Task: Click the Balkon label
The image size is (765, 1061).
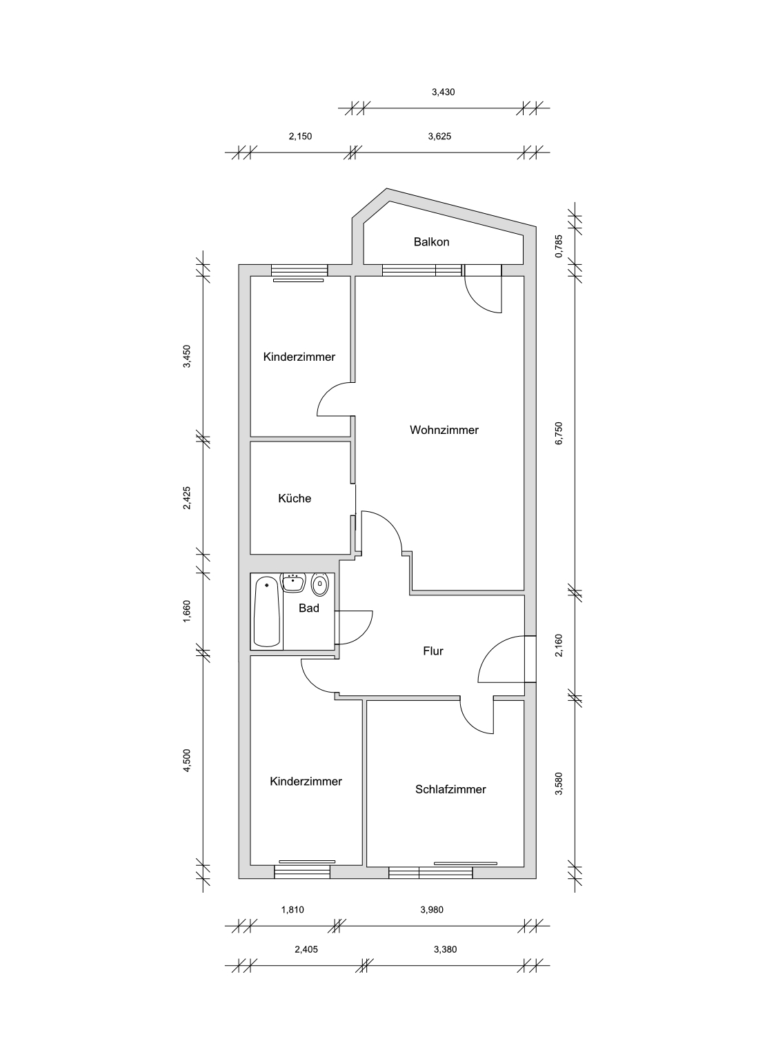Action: (x=431, y=242)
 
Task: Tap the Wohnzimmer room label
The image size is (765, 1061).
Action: (x=444, y=430)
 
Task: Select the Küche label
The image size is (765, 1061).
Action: (x=294, y=498)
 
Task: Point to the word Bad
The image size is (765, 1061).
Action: (x=309, y=608)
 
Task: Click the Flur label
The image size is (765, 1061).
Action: (x=433, y=651)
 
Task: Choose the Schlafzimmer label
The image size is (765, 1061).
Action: (x=450, y=790)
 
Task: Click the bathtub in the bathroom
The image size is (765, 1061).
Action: (x=267, y=611)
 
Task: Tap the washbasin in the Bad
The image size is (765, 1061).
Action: (x=293, y=582)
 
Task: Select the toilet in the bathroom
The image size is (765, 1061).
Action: (x=320, y=585)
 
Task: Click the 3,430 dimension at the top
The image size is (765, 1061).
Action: (x=443, y=92)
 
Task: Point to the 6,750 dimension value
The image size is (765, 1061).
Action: (x=559, y=433)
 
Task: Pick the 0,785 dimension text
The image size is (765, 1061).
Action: (x=559, y=246)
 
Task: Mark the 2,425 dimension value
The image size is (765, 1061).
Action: (x=187, y=498)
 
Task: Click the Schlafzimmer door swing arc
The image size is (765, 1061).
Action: (x=470, y=723)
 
